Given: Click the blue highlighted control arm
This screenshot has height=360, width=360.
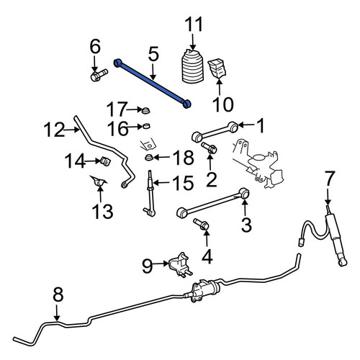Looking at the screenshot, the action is coord(152,83).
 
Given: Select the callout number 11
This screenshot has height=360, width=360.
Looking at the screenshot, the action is coord(194,24).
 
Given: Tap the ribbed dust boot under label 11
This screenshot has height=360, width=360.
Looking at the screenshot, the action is coord(192,66).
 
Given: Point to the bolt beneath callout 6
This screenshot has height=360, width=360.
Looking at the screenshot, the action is coord(99,75).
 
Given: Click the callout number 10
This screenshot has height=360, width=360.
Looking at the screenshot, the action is coord(223,104).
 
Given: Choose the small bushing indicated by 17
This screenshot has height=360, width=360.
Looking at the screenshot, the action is coord(146,110).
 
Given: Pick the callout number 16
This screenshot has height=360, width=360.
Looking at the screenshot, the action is coord(117,128).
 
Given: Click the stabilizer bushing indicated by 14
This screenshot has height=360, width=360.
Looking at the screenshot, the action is coord(105,161).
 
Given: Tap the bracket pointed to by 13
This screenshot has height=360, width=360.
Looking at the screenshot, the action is coord(99,181).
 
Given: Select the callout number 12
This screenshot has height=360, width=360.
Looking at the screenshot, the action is coord(54,130).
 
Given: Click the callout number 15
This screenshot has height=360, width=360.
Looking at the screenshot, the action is coord(183,183).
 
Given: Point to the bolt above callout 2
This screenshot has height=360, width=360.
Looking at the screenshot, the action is coord(209,148).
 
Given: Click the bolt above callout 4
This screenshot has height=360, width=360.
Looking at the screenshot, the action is coord(201,223).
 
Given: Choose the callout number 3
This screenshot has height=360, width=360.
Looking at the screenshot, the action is coord(246,225).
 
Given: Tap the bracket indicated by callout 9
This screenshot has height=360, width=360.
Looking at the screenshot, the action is coord(180,265).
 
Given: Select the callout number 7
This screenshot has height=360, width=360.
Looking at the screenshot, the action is coord(329,179).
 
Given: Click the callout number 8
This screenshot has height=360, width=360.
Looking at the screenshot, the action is coord(58,294).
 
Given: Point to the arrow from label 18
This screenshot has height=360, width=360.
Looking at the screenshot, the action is coord(161,158).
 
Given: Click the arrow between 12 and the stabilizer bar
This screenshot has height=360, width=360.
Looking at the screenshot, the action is coord(72,130).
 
